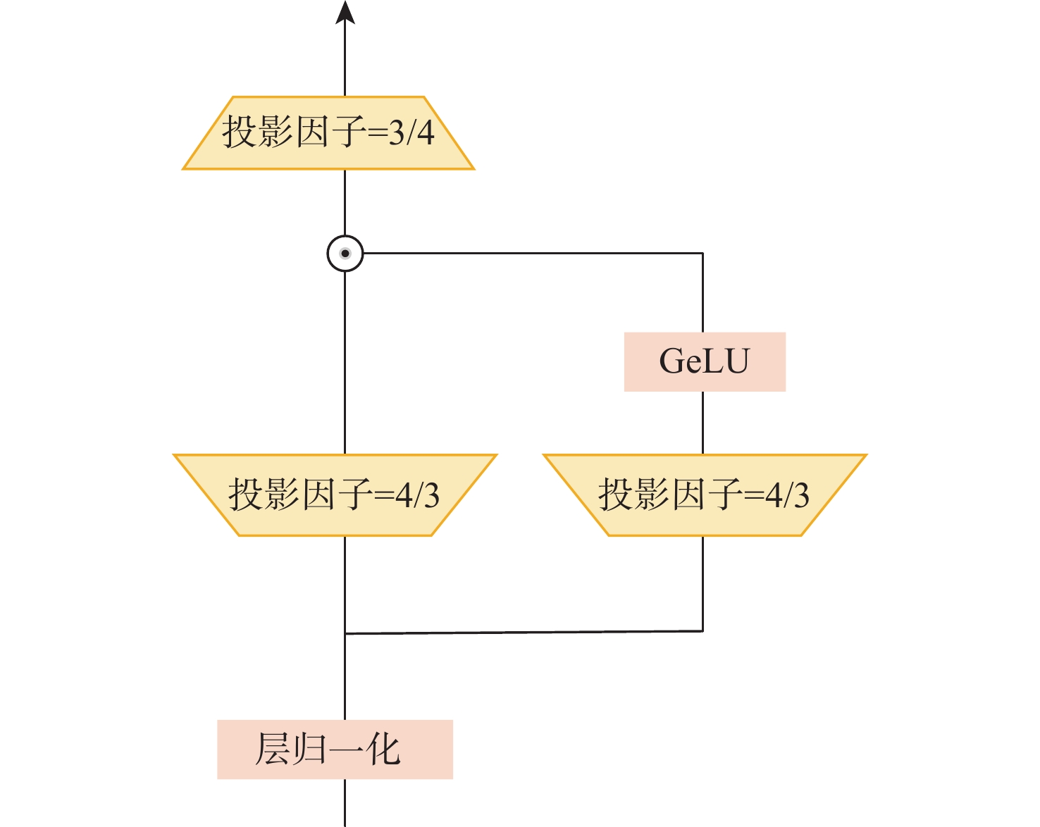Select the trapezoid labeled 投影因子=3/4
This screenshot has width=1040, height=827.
point(328,133)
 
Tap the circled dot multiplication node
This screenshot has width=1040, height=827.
point(345,254)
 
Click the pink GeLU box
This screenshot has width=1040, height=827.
point(705,361)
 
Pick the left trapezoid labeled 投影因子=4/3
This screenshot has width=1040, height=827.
point(335,495)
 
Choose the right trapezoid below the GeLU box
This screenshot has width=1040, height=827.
point(705,495)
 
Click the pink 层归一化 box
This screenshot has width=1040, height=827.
point(335,750)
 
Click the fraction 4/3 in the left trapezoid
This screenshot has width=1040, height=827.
point(418,495)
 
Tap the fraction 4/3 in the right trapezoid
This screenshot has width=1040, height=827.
point(787,495)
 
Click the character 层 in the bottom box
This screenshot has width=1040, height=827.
point(272,750)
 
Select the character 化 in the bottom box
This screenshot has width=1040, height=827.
point(383,750)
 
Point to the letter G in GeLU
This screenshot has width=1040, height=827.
point(672,361)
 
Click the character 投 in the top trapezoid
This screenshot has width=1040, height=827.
point(240,132)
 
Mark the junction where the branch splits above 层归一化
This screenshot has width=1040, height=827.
point(345,633)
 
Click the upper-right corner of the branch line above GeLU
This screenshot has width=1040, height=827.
point(702,254)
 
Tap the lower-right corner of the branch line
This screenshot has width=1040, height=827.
point(702,630)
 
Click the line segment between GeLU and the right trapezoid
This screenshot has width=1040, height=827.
point(702,423)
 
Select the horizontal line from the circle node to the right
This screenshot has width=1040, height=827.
point(533,254)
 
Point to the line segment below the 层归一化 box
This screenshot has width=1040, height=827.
point(345,803)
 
